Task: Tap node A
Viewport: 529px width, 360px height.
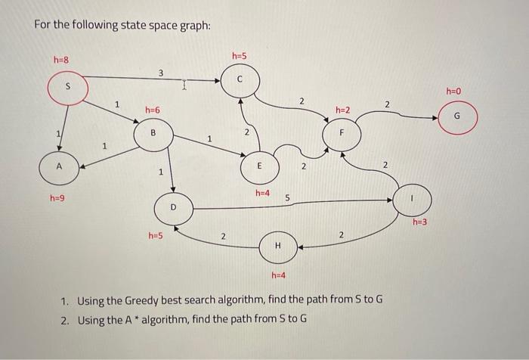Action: click(x=58, y=166)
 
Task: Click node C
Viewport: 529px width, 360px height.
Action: click(x=240, y=78)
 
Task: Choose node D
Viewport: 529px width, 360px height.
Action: click(x=172, y=206)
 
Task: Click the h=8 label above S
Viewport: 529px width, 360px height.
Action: click(x=60, y=59)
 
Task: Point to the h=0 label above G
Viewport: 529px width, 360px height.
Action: click(x=453, y=91)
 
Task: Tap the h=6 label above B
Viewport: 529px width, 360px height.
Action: click(x=153, y=110)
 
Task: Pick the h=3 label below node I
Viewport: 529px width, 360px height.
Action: click(x=420, y=222)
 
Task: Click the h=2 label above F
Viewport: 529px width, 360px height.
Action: click(x=342, y=110)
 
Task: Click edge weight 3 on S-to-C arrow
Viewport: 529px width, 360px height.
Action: click(x=160, y=72)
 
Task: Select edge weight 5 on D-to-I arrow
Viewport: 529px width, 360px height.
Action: click(x=287, y=197)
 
